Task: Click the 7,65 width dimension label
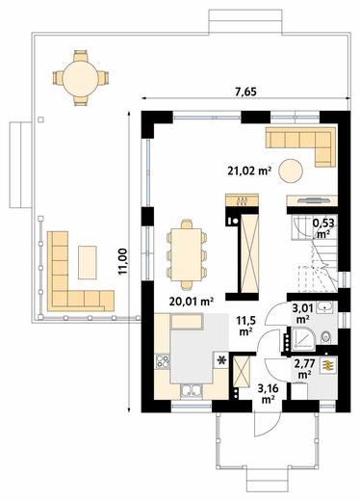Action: (246, 92)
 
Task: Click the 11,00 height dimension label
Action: (123, 261)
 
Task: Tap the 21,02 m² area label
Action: (248, 171)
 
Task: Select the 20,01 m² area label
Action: (192, 302)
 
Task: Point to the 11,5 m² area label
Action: (245, 326)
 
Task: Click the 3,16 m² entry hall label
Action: (269, 394)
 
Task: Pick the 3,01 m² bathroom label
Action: (302, 313)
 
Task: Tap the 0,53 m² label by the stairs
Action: (323, 227)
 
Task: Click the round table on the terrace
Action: (80, 78)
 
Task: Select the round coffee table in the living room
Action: (291, 171)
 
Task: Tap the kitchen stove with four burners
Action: (162, 361)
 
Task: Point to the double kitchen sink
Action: (192, 391)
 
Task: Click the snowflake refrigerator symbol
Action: (220, 360)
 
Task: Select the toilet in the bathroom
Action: (326, 336)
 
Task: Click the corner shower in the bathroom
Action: (302, 338)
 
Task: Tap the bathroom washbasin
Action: (325, 308)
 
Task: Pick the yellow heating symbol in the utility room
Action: (328, 365)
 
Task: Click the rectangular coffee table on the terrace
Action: (88, 262)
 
